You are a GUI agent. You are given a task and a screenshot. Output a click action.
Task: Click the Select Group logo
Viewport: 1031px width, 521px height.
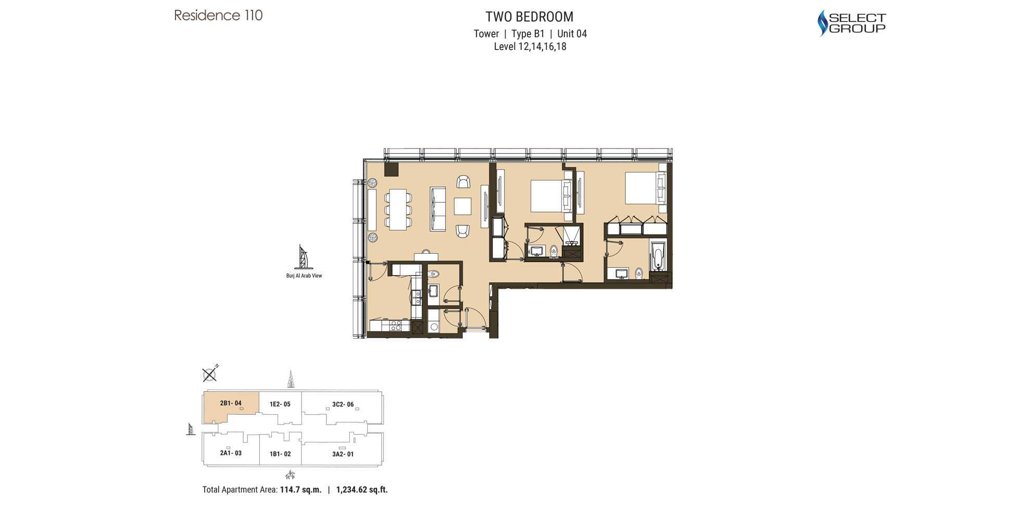tap(851, 23)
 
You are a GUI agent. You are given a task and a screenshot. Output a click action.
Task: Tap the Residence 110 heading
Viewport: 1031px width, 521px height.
tap(218, 16)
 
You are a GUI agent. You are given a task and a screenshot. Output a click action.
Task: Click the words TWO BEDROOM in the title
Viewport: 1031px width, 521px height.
tap(530, 17)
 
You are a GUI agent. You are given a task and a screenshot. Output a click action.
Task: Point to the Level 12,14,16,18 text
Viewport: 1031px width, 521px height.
tap(530, 46)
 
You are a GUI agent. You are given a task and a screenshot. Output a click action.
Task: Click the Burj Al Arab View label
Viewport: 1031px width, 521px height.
tap(304, 276)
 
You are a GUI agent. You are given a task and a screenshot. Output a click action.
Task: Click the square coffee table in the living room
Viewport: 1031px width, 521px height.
tap(462, 206)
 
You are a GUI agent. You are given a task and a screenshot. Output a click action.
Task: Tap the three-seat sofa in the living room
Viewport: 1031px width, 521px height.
tap(437, 209)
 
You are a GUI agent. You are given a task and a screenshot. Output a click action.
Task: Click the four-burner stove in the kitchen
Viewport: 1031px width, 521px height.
tap(396, 326)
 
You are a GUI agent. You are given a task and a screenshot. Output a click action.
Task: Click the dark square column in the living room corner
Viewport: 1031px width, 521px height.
tap(391, 169)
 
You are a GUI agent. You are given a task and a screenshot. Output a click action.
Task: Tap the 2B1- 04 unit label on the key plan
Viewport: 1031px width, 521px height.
tap(231, 403)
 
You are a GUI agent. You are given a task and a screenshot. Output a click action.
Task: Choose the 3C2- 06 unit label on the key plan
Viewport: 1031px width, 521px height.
tap(343, 404)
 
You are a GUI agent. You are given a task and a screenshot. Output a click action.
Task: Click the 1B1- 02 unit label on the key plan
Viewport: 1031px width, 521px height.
tap(280, 454)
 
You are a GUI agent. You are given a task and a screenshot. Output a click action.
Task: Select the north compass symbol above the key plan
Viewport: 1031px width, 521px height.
tap(210, 374)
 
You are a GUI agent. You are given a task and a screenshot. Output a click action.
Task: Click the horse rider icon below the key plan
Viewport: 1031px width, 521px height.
tap(291, 475)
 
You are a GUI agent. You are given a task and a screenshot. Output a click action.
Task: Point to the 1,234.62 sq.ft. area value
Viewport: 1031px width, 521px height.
tap(362, 490)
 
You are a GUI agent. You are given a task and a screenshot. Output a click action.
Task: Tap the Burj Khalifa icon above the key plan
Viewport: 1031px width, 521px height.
tap(291, 379)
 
